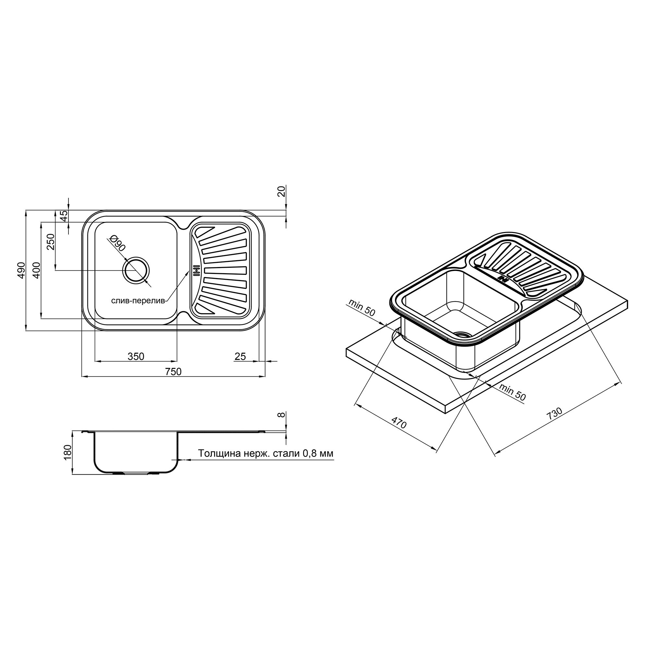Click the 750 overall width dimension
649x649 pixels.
[173, 372]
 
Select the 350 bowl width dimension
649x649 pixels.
[136, 356]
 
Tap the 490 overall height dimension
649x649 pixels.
[21, 270]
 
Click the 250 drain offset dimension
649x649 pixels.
[50, 242]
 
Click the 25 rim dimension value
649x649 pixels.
[240, 356]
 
